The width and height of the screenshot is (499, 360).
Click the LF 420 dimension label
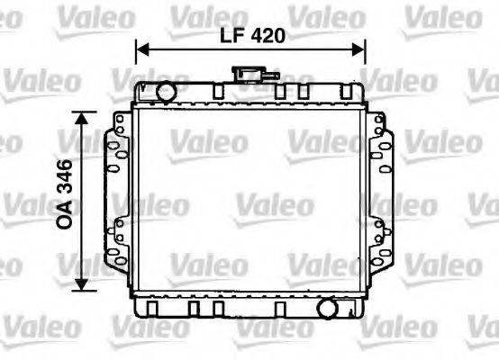252,36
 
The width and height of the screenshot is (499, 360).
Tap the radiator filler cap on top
243,73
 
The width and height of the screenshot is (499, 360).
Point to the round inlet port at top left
165,91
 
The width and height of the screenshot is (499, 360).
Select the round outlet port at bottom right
327,309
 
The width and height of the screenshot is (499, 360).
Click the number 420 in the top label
268,36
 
